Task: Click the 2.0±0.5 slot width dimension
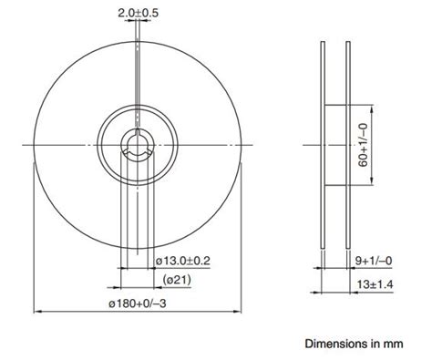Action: click(x=138, y=13)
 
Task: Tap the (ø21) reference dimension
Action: click(x=176, y=279)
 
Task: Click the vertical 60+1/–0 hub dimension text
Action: click(x=363, y=146)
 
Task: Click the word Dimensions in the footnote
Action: click(x=334, y=345)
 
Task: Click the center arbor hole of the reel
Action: click(x=138, y=145)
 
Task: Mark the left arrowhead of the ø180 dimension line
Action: click(x=36, y=311)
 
